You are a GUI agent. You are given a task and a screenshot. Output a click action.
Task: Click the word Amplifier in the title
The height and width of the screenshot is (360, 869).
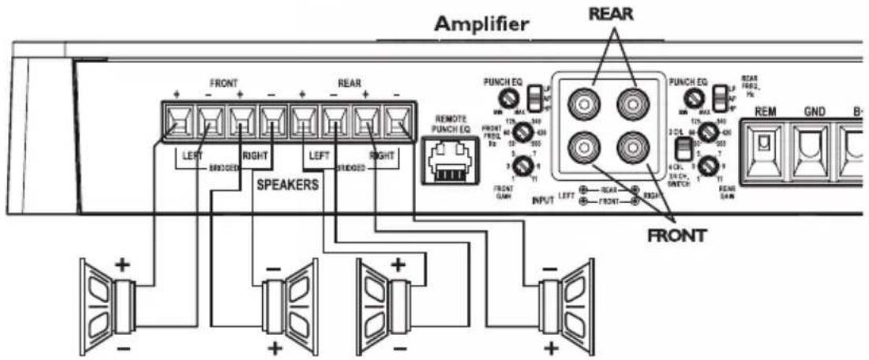482,24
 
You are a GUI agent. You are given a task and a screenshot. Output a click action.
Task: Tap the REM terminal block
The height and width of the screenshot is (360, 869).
763,145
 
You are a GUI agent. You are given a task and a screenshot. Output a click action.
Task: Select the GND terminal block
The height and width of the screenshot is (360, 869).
812,145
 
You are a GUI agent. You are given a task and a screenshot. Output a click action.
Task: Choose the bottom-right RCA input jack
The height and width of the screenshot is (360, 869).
633,147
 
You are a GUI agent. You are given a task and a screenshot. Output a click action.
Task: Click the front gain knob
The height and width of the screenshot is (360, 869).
521,166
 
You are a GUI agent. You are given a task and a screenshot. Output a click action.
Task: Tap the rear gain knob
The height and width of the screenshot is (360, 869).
710,165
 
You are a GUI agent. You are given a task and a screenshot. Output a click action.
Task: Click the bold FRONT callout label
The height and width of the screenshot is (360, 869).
676,234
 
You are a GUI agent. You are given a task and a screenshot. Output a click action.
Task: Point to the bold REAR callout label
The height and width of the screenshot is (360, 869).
610,14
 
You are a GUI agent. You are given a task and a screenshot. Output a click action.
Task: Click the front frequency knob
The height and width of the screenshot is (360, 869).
521,131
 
